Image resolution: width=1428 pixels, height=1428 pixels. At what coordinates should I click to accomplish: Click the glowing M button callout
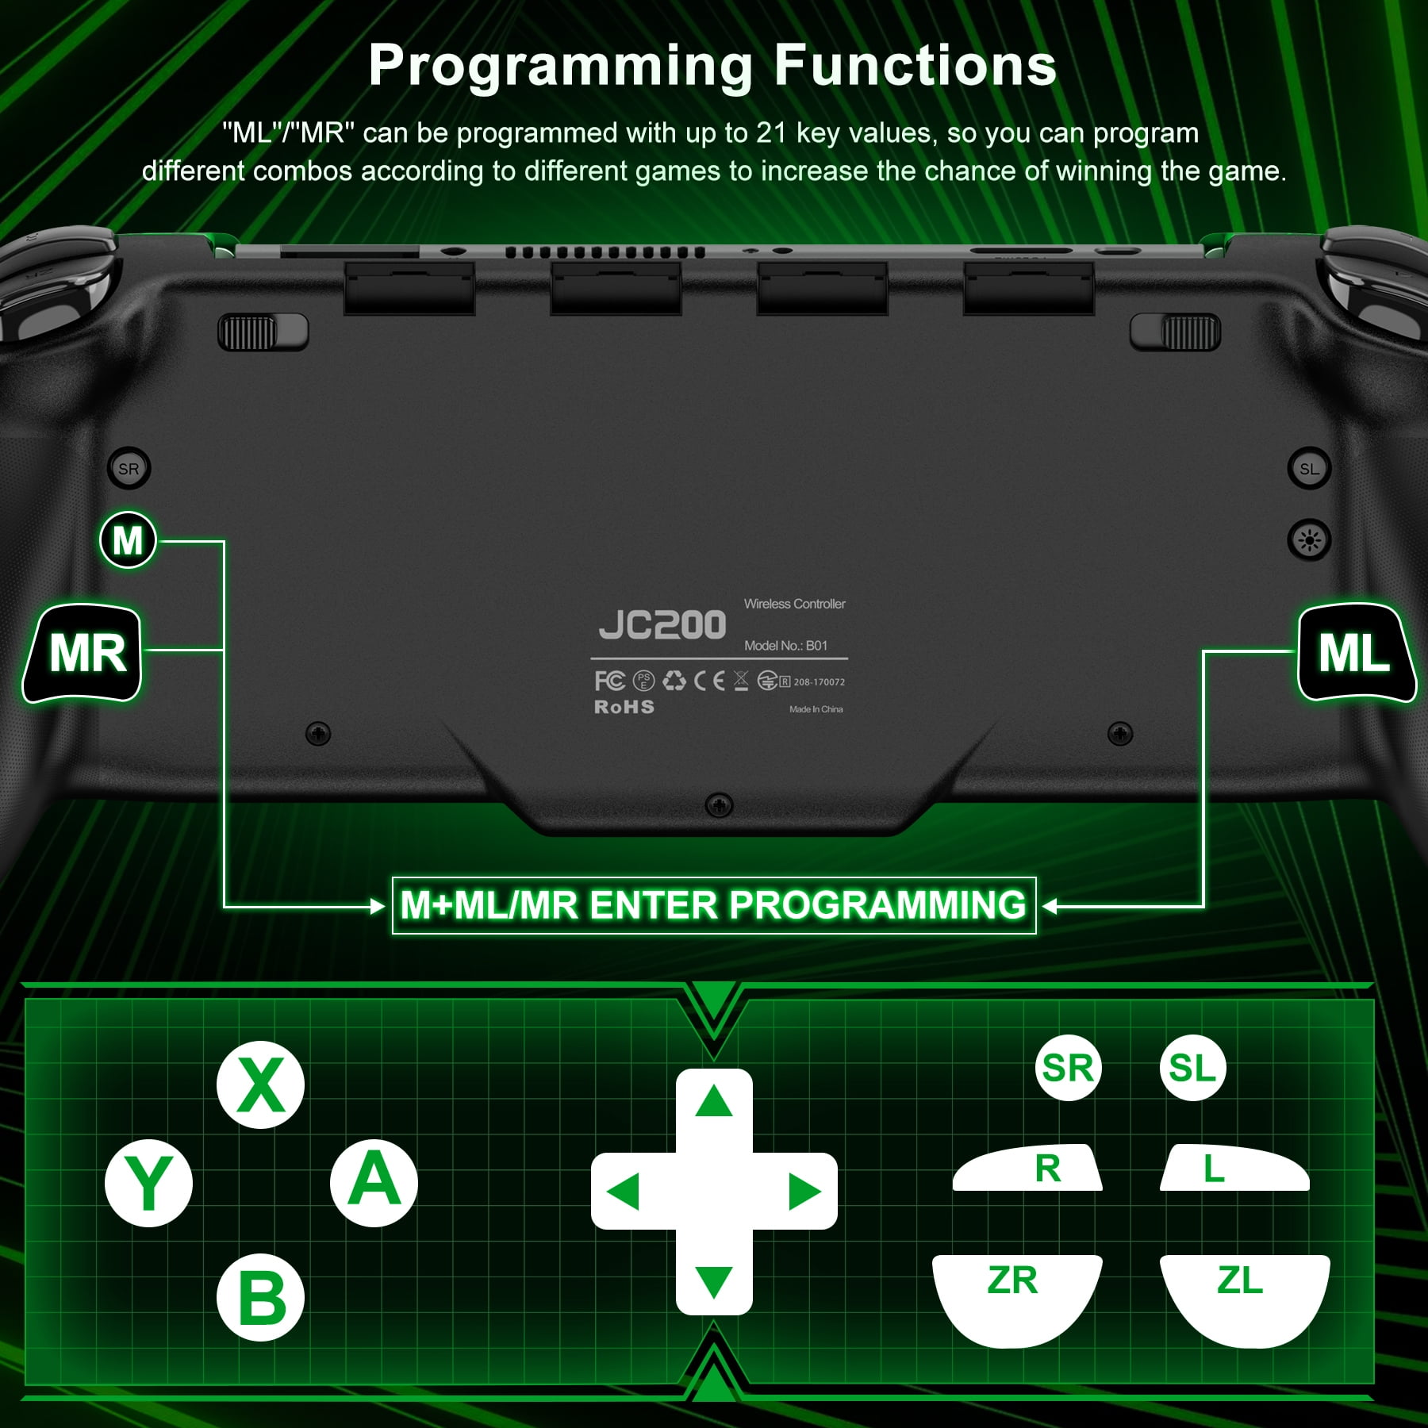coord(128,540)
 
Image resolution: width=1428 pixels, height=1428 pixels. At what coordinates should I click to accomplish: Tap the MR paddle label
coord(83,654)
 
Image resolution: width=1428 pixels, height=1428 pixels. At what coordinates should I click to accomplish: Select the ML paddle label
coord(1356,654)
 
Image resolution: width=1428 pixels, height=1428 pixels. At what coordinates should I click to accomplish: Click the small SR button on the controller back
coord(129,469)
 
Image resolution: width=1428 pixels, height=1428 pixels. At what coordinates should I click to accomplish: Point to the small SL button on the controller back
coord(1309,469)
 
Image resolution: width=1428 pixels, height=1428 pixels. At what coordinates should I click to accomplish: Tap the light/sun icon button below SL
coord(1309,541)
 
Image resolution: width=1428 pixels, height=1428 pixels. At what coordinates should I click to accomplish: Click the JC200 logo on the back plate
coord(662,625)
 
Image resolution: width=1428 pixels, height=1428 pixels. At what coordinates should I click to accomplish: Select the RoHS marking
coord(624,707)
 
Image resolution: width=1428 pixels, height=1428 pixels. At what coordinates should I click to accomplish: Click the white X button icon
coord(260,1084)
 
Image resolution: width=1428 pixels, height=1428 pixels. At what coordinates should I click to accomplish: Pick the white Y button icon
coord(148,1184)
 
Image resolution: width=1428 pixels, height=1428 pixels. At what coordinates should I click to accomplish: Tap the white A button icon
coord(374,1184)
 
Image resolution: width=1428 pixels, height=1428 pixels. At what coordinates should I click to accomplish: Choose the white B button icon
coord(260,1297)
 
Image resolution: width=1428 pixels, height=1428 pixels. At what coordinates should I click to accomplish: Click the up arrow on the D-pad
coord(713,1101)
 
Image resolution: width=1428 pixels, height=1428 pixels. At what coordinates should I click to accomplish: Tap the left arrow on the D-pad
coord(623,1192)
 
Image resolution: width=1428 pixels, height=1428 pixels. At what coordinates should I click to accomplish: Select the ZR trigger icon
coord(1017,1298)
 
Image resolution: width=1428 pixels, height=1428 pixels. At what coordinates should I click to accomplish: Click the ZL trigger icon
coord(1245,1298)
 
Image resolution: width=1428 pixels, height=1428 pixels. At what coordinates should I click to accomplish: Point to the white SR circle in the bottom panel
coord(1068,1068)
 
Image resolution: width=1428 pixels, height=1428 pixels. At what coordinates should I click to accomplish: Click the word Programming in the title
coord(561,66)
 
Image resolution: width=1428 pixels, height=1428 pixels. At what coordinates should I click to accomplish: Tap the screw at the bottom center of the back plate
coord(719,806)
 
